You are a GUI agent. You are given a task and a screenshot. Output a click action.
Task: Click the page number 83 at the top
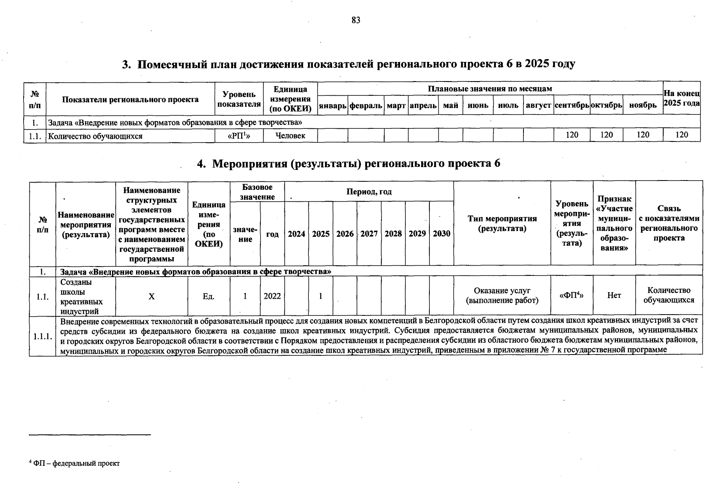pos(356,20)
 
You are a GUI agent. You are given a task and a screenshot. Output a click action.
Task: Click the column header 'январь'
pos(332,106)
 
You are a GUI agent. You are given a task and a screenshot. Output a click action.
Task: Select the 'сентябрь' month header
pos(572,106)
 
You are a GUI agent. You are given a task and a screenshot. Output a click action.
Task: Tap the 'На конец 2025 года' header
pos(682,98)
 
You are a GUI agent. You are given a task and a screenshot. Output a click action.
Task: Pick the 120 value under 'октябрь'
pos(607,135)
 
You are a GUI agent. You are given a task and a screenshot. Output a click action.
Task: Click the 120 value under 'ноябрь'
pos(643,135)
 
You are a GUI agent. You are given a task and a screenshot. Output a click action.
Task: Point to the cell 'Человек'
pos(290,136)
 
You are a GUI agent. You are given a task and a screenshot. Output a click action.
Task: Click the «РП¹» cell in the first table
pos(239,136)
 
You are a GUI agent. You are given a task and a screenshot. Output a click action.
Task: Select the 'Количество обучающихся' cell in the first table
pos(95,136)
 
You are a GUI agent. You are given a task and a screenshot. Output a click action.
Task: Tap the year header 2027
pos(369,234)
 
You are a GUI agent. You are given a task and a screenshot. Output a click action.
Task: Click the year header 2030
pos(442,234)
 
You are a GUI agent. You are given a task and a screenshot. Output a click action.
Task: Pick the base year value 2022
pos(272,296)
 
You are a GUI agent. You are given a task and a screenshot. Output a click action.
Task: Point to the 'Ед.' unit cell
pos(209,297)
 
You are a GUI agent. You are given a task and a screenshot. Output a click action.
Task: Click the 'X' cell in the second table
pos(152,297)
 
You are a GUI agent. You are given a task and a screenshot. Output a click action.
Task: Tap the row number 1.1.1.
pos(42,337)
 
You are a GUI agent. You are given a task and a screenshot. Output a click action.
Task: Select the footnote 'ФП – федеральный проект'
pos(77,463)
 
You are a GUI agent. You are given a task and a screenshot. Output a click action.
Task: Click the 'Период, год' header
pos(369,192)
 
